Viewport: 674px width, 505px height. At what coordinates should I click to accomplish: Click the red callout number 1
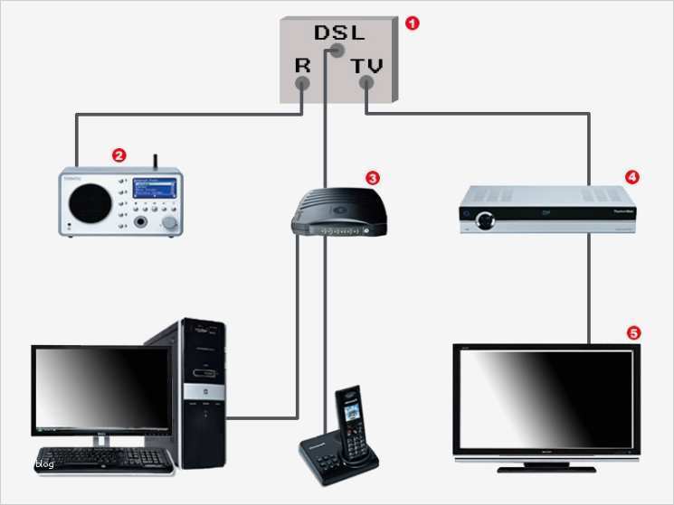[413, 23]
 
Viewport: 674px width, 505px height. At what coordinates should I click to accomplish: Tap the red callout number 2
[118, 155]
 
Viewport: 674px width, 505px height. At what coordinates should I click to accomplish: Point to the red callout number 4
[632, 177]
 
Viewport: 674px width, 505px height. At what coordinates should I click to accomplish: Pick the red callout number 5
[633, 332]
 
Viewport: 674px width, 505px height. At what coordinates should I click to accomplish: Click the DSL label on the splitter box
[339, 33]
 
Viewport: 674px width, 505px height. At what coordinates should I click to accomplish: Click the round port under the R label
[302, 85]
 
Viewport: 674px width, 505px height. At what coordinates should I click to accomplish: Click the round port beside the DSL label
[337, 50]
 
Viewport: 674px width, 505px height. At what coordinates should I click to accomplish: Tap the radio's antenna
[155, 162]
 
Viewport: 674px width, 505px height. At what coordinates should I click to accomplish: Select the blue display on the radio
[154, 190]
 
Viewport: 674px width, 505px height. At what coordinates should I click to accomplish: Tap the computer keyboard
[104, 459]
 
